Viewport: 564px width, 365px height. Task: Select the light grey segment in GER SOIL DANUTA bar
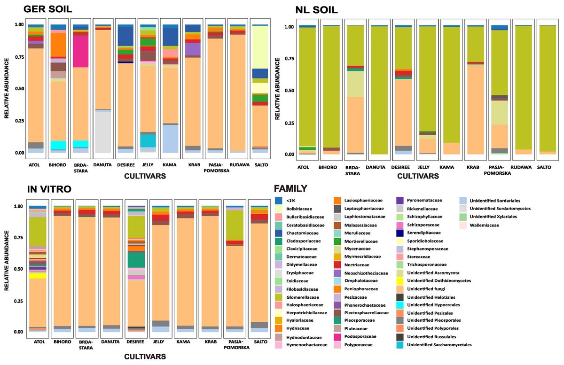103,132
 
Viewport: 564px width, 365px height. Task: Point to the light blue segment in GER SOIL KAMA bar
171,139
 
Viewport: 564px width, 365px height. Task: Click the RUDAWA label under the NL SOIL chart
522,167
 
